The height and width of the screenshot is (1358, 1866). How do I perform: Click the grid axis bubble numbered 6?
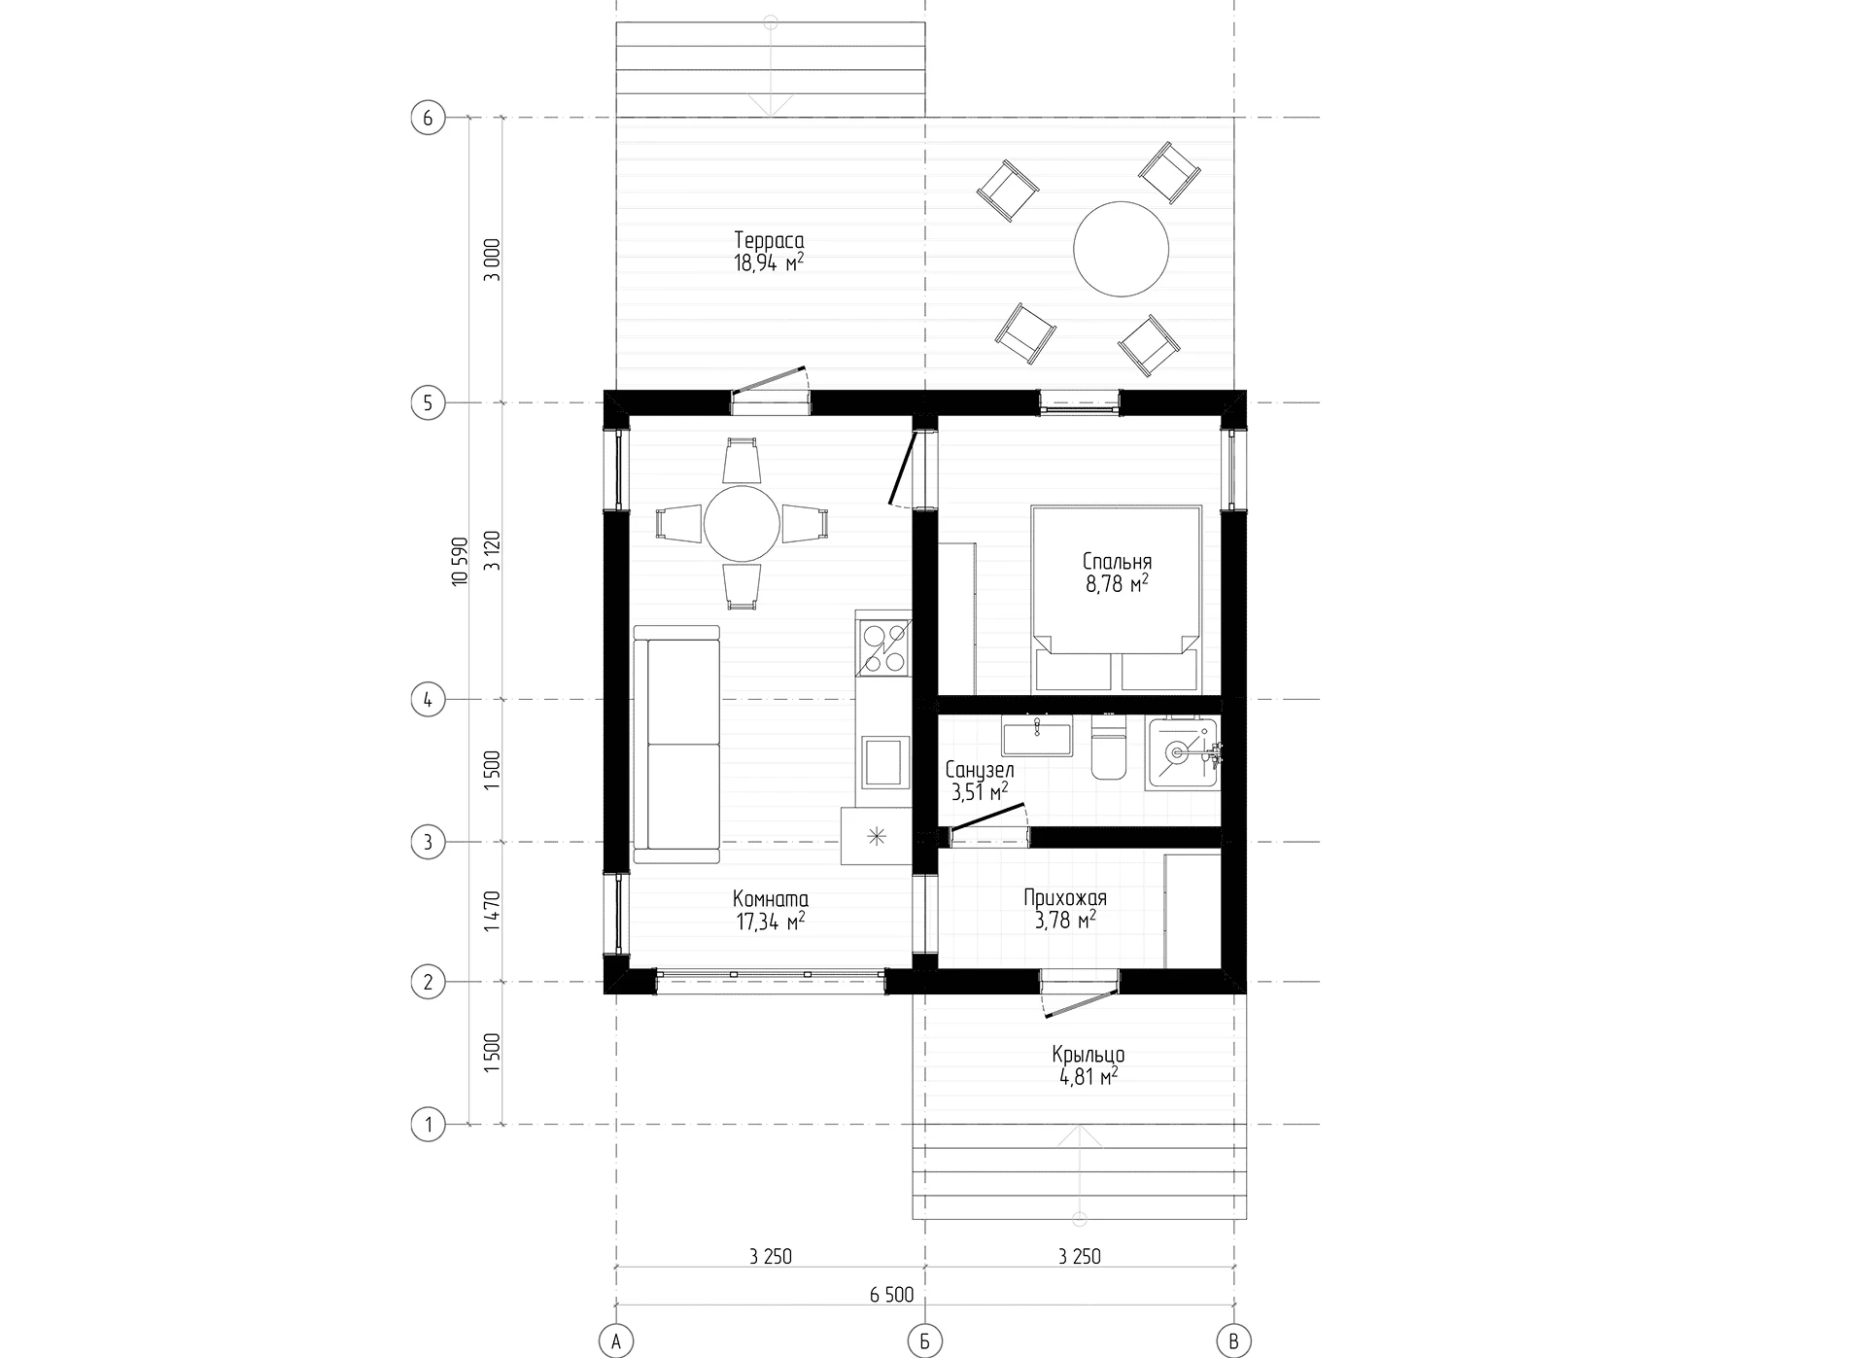coord(428,119)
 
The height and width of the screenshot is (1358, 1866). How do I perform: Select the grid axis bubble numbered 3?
coord(428,842)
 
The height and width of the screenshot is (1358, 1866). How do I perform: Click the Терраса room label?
coord(769,240)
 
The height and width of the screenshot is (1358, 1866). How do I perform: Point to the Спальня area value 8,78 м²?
coord(1118,583)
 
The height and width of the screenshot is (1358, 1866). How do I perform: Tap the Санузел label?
coord(980,771)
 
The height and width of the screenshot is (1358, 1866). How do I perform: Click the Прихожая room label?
coord(1065,898)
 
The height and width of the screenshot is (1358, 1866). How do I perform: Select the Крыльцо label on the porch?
coord(1088,1055)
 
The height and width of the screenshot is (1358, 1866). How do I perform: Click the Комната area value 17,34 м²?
coord(771,921)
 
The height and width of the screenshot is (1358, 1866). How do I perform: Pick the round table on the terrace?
coord(1121,249)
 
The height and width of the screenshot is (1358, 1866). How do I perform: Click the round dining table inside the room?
coord(743,525)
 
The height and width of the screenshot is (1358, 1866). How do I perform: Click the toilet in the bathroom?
coord(1108,747)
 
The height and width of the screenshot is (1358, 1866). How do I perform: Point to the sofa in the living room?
coord(676,745)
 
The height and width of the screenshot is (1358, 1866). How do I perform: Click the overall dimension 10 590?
coord(461,561)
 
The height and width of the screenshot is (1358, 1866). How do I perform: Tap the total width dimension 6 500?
coord(891,1295)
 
